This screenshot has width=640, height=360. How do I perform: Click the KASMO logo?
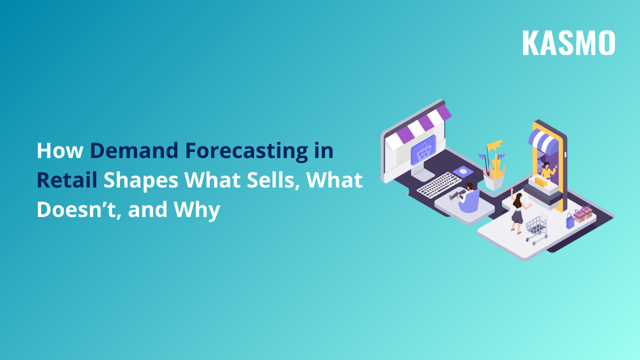coord(568,43)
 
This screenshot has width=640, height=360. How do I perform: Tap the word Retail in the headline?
coord(66,180)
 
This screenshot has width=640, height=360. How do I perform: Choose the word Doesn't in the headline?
coord(78,210)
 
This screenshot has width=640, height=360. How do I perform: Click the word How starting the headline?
coord(60,151)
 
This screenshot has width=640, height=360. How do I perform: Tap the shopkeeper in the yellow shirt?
coord(547,171)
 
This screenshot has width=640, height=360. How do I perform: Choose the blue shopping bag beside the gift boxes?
coord(570,220)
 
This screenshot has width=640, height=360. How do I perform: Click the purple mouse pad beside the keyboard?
coord(463,171)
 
